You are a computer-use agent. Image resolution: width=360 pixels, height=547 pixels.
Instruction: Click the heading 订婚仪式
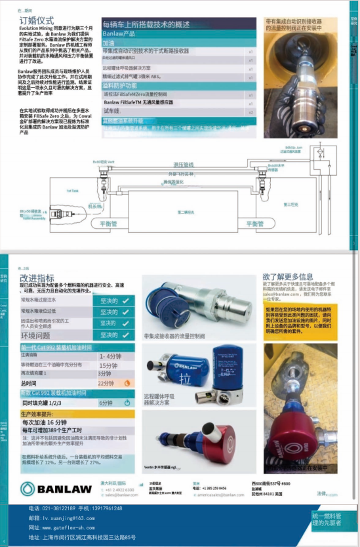coord(37,21)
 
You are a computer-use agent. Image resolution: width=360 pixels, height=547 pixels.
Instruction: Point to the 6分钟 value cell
coord(106,403)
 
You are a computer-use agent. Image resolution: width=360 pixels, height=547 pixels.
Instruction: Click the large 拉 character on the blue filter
coord(186,380)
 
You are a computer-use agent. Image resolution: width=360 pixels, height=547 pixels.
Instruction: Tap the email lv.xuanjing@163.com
coord(62,518)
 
